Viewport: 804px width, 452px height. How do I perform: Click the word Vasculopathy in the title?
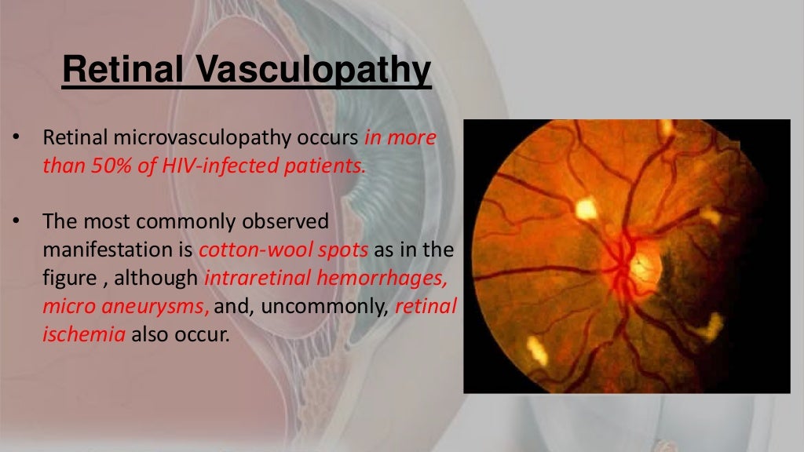312,71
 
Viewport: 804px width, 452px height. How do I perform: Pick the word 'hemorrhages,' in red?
393,279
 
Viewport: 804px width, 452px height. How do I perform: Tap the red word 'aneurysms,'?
164,306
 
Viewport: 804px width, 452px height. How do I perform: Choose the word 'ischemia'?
84,334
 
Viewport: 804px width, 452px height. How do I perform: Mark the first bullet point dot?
15,139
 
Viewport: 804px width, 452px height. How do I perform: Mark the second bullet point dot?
15,223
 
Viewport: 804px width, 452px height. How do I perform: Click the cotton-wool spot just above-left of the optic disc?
586,208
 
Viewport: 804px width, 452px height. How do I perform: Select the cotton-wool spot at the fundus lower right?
713,325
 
